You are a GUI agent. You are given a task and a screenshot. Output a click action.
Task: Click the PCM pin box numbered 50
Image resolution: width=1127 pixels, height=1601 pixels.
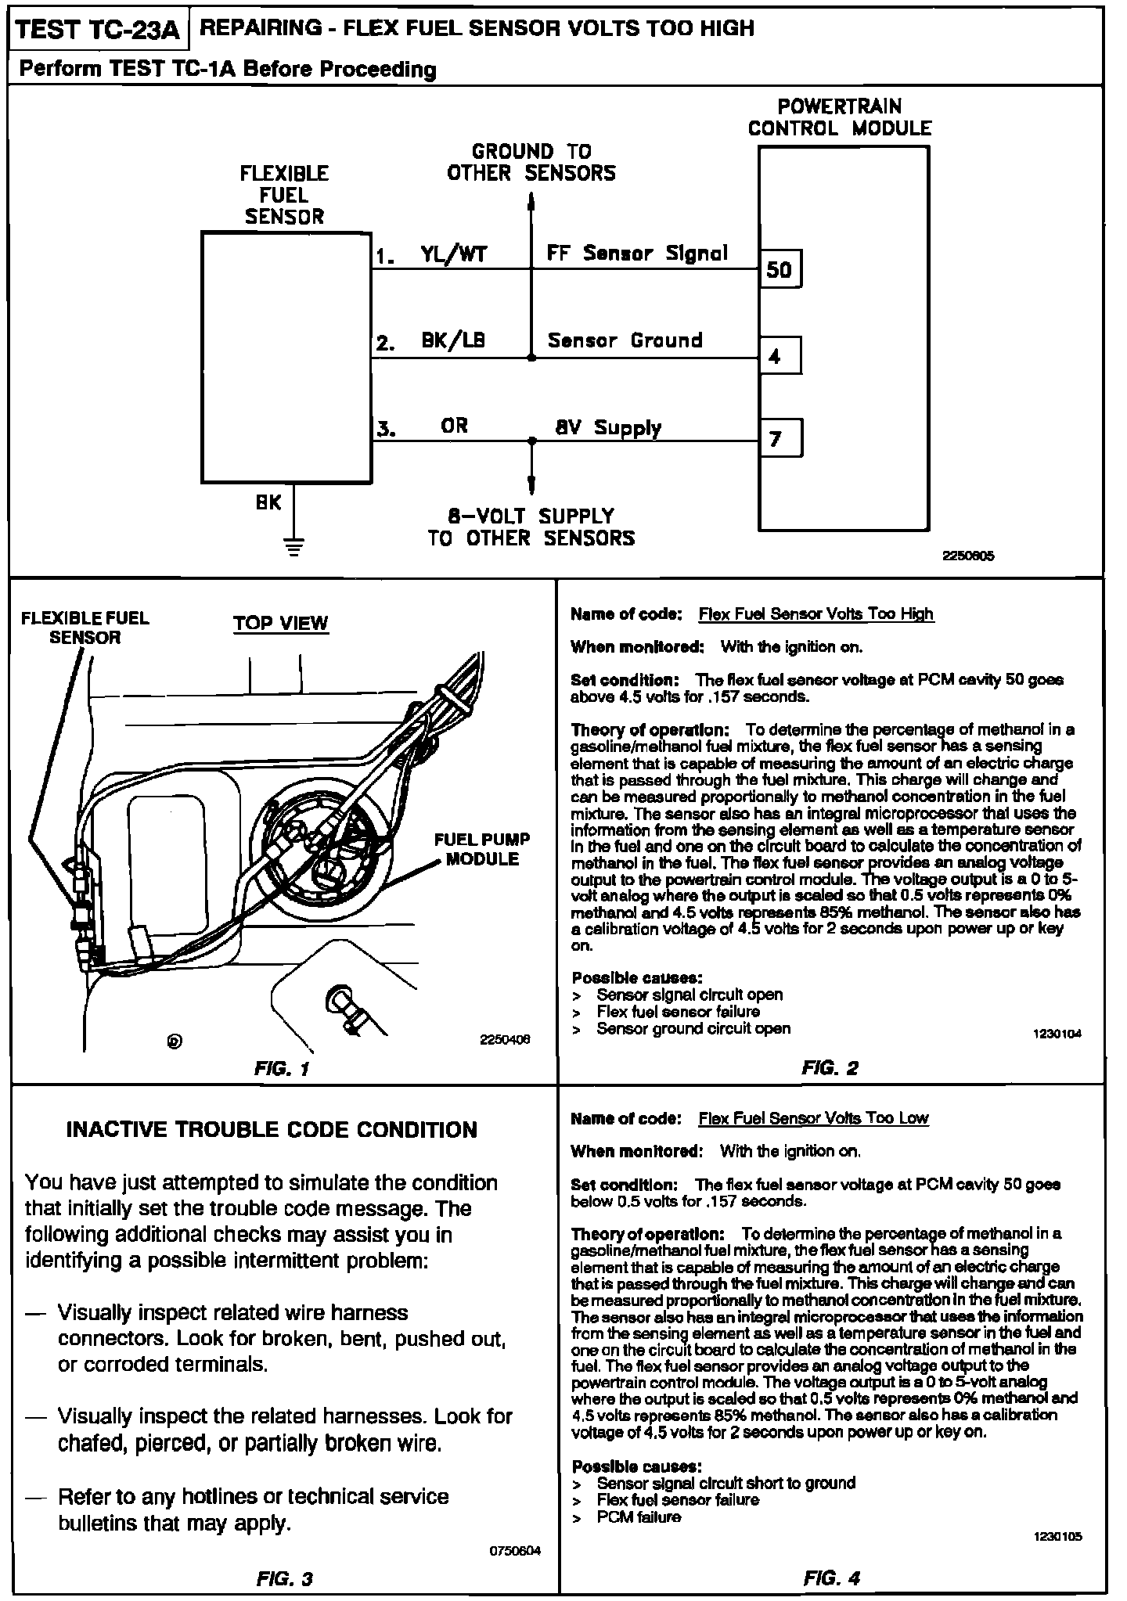(x=780, y=270)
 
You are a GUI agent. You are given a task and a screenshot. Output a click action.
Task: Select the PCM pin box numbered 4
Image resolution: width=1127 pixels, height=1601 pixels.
(x=780, y=357)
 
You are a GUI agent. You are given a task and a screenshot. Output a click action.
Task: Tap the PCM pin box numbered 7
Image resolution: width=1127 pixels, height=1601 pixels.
(x=780, y=439)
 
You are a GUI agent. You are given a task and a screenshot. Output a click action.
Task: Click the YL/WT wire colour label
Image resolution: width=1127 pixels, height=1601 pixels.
(x=454, y=254)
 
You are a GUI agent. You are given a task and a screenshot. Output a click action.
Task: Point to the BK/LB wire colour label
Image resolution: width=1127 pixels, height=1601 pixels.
(x=453, y=341)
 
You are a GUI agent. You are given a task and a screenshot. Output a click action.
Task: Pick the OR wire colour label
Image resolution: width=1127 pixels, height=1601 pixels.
(x=454, y=426)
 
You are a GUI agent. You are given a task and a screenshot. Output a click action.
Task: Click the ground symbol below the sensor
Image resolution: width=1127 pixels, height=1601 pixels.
(x=294, y=547)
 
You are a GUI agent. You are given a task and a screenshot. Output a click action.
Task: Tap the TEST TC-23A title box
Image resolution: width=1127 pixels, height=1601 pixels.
(x=98, y=31)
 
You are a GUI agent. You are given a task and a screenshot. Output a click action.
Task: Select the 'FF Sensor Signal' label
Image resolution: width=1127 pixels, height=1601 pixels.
(x=637, y=254)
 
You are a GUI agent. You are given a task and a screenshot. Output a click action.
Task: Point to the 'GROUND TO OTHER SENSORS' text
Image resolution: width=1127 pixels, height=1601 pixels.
(x=531, y=163)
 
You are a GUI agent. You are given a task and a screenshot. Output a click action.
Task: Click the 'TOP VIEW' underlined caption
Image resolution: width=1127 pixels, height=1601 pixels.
(x=280, y=624)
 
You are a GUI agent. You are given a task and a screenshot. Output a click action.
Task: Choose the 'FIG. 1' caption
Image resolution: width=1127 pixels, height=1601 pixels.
(x=283, y=1069)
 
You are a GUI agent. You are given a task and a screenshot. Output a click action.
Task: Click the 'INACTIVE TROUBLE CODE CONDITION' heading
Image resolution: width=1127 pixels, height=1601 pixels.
(x=272, y=1130)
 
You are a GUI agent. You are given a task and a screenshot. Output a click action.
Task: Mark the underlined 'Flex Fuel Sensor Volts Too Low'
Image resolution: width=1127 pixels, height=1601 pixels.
(x=813, y=1118)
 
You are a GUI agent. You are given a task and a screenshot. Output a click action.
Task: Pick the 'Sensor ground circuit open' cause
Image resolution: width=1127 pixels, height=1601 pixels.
(x=693, y=1028)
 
